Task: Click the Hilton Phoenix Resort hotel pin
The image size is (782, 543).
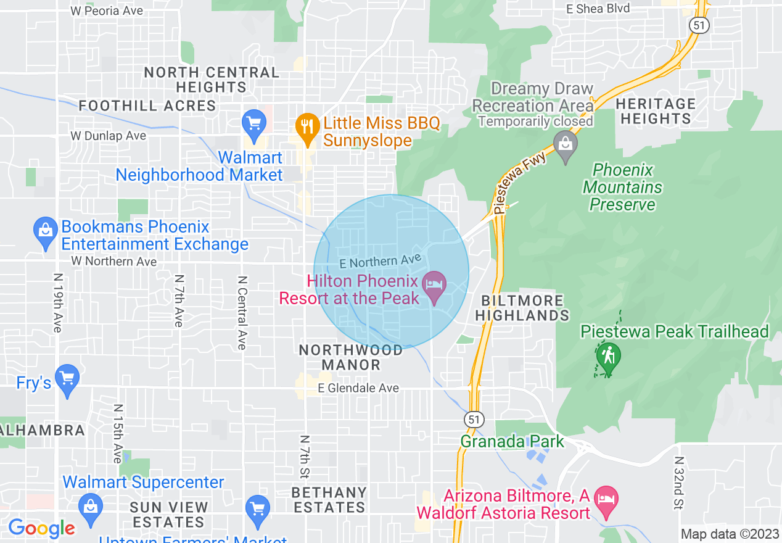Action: pyautogui.click(x=435, y=287)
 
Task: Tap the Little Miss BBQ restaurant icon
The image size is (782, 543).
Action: pyautogui.click(x=306, y=126)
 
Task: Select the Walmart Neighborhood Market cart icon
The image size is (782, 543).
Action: pyautogui.click(x=254, y=123)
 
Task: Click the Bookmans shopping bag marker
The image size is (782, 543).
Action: pyautogui.click(x=46, y=232)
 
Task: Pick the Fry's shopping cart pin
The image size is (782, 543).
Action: pyautogui.click(x=67, y=379)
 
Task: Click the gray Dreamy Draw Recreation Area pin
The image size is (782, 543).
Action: pyautogui.click(x=565, y=146)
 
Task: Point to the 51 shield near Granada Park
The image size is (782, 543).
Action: pyautogui.click(x=474, y=419)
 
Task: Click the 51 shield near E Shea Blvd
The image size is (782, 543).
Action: pyautogui.click(x=700, y=25)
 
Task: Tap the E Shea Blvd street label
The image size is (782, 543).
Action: pyautogui.click(x=598, y=9)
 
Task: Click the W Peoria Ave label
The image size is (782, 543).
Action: pyautogui.click(x=107, y=10)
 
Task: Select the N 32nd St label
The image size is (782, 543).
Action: pyautogui.click(x=679, y=483)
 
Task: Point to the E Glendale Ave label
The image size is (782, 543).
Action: pyautogui.click(x=358, y=388)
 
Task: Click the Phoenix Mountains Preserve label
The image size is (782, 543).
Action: pyautogui.click(x=622, y=187)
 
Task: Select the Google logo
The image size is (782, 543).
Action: pyautogui.click(x=41, y=528)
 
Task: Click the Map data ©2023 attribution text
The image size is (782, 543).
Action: pyautogui.click(x=730, y=534)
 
